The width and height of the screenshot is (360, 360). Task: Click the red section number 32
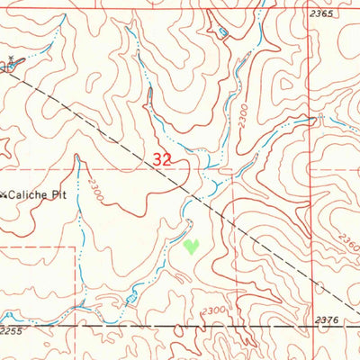(163, 157)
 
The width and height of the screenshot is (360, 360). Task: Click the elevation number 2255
(12, 331)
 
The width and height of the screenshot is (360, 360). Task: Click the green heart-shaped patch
(191, 245)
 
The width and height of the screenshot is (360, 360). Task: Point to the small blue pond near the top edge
(222, 33)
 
